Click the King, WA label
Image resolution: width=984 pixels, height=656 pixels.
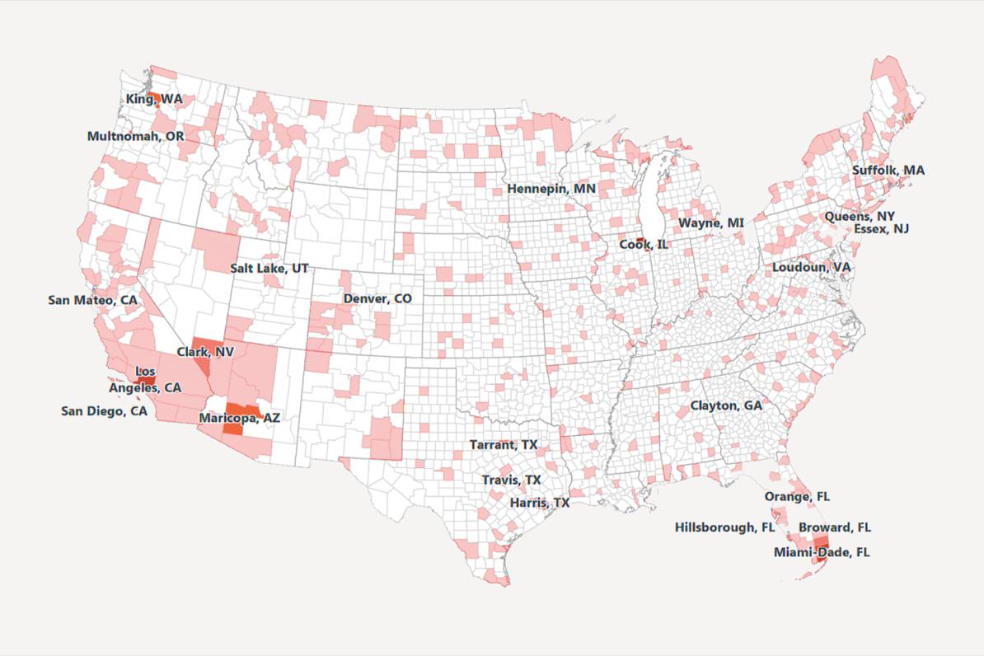(154, 99)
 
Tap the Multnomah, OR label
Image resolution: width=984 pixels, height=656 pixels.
(136, 135)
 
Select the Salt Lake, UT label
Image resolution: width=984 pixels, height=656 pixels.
(269, 269)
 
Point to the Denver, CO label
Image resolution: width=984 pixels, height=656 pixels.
(377, 298)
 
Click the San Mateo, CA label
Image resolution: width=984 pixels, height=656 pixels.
(93, 300)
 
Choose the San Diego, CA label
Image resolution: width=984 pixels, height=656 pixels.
(105, 410)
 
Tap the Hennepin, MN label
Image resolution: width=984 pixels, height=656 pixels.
(551, 189)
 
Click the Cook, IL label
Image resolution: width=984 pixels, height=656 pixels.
(644, 244)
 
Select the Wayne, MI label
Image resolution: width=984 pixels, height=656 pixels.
(711, 223)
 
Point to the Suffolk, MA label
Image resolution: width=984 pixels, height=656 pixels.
(888, 170)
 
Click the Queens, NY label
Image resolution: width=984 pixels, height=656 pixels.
(860, 216)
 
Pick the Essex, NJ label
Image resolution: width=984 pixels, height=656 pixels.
(882, 228)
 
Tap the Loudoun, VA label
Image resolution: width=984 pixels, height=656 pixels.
(812, 268)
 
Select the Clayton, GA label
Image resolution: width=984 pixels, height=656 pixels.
(726, 405)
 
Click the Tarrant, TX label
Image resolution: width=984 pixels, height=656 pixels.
(504, 444)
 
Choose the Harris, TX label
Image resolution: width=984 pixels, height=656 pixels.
(540, 502)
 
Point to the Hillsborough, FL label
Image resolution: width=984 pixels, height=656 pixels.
(726, 527)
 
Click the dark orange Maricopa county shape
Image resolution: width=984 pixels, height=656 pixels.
(237, 418)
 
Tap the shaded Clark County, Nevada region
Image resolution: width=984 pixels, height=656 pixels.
(204, 354)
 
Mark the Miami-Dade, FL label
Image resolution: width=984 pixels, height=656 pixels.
(822, 551)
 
